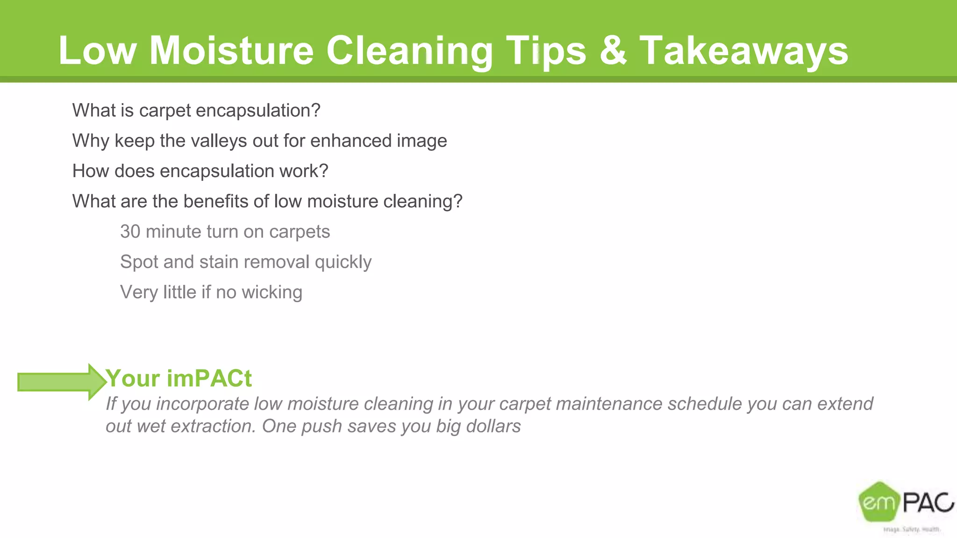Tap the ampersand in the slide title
tap(613, 50)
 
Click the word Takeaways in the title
tap(743, 50)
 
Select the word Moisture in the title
tap(231, 50)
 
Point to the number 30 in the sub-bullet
tap(130, 232)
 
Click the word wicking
tap(272, 292)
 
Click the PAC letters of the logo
tap(928, 503)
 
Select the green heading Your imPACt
tap(179, 378)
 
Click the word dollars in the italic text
tap(493, 426)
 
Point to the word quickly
tap(343, 262)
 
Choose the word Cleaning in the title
tap(409, 50)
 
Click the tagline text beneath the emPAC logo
tap(911, 529)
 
